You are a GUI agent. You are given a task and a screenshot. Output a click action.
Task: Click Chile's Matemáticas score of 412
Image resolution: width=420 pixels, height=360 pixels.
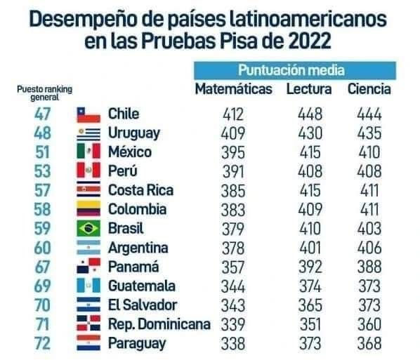click(x=232, y=114)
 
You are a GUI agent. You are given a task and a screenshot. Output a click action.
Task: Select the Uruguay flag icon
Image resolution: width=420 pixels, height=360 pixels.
click(x=89, y=133)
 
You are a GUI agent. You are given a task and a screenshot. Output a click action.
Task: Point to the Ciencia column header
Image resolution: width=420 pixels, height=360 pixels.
click(x=369, y=89)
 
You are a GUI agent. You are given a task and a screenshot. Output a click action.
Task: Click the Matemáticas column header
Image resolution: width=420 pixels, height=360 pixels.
click(x=232, y=89)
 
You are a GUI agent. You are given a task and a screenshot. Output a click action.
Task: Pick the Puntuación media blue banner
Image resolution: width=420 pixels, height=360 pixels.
click(x=294, y=70)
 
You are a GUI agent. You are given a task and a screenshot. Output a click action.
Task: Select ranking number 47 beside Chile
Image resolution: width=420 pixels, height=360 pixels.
click(x=43, y=114)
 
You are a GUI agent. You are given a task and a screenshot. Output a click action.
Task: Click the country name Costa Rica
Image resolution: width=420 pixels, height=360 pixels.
click(x=140, y=190)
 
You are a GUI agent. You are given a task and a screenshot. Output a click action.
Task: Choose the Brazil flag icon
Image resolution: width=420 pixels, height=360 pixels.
click(x=89, y=229)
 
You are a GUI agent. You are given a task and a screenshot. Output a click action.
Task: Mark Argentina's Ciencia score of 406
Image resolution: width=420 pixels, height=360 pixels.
click(x=368, y=248)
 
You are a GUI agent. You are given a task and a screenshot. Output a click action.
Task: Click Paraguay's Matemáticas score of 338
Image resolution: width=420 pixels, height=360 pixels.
click(x=232, y=344)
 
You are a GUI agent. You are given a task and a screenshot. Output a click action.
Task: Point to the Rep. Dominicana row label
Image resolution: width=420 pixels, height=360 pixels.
click(x=159, y=325)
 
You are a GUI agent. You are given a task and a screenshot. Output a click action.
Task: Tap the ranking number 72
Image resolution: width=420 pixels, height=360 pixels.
click(x=43, y=344)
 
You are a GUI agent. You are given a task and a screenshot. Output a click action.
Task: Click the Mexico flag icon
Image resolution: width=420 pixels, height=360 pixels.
click(x=89, y=152)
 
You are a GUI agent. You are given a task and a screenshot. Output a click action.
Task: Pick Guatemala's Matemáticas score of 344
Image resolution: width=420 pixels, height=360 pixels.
click(x=232, y=286)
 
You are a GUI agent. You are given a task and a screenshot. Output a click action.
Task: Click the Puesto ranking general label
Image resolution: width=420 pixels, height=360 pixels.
click(x=44, y=93)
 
